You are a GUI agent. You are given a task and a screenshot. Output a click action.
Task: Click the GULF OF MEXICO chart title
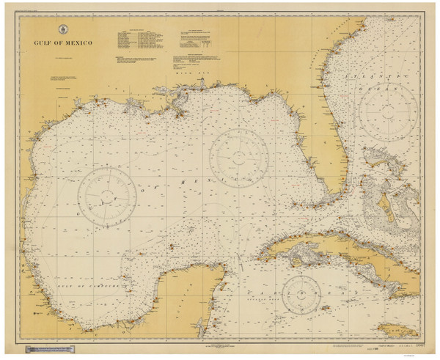point(62,43)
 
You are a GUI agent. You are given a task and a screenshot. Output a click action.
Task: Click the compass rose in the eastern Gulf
point(238,154)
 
